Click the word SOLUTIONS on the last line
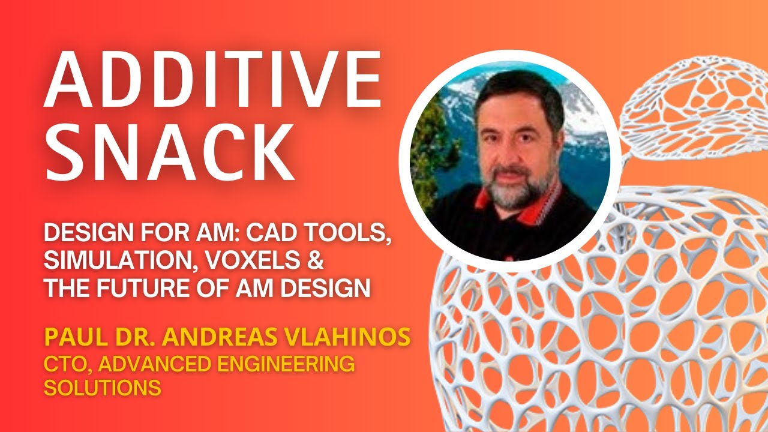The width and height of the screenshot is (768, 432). click(102, 388)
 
